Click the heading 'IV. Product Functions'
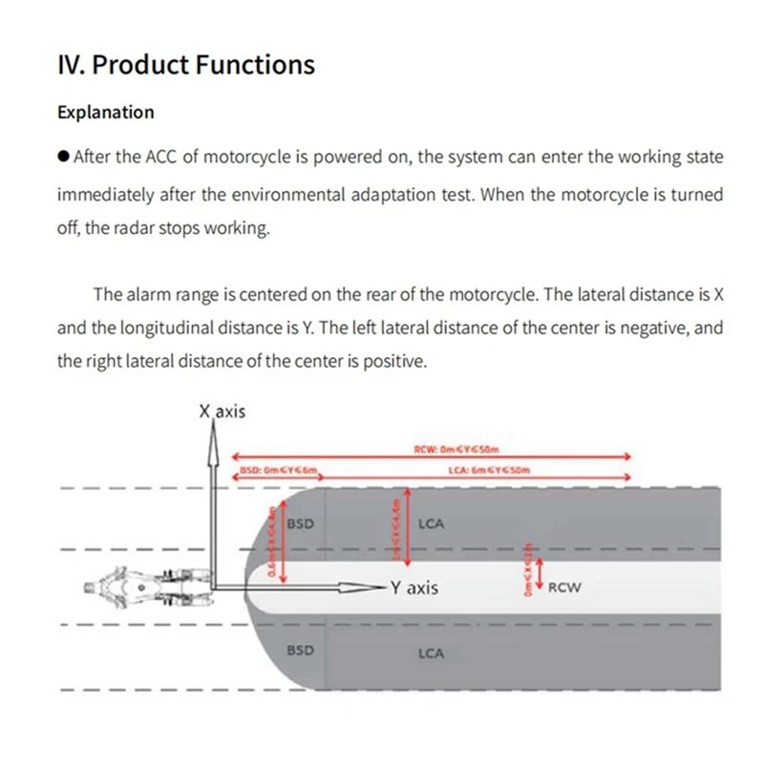[x=186, y=65]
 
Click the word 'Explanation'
[x=105, y=112]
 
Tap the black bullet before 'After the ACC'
[x=63, y=157]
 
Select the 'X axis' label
[x=222, y=412]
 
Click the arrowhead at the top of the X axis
[x=211, y=427]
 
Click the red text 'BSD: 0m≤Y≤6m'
[x=277, y=470]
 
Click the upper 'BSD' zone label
[x=301, y=523]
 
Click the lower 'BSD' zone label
[x=301, y=649]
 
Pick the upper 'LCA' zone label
[x=431, y=523]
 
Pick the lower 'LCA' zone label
[x=431, y=653]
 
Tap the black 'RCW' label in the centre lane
[x=563, y=587]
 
